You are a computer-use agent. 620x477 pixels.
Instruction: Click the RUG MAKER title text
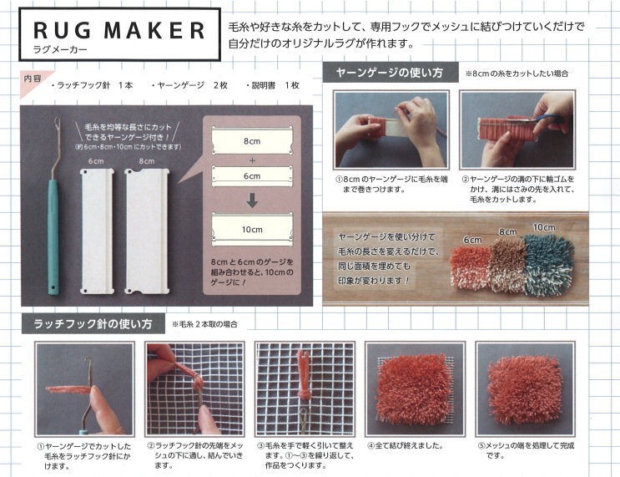coord(119,30)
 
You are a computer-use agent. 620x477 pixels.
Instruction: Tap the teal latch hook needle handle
coord(53,236)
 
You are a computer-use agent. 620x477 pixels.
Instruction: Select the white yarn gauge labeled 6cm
coord(97,231)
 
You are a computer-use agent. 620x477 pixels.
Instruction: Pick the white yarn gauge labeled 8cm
coord(147,231)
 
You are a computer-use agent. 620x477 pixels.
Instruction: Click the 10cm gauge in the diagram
coord(252,230)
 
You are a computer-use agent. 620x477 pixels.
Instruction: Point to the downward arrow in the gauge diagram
coord(252,200)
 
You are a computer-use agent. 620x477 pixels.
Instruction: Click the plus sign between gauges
coord(252,160)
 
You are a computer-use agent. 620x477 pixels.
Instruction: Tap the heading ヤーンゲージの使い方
coord(389,73)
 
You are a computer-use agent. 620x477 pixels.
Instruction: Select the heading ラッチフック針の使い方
coord(93,324)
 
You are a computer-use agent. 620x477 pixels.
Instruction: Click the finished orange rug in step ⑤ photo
coord(525,389)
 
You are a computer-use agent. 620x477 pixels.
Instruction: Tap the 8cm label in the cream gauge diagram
coord(252,141)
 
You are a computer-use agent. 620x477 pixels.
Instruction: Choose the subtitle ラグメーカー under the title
coord(60,50)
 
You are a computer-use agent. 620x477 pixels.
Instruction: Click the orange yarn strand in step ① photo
coord(70,389)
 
